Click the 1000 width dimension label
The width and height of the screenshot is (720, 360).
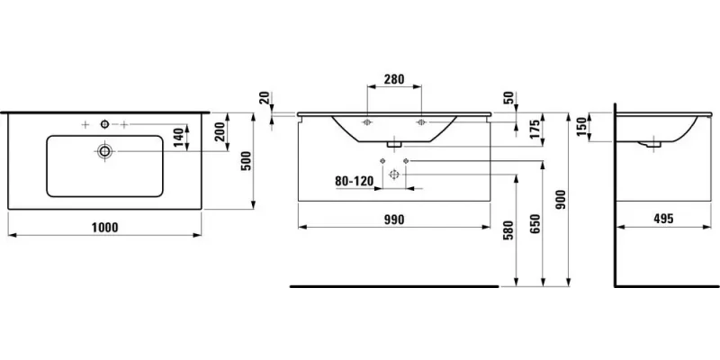[x=105, y=228]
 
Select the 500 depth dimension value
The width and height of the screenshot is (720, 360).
[x=247, y=161]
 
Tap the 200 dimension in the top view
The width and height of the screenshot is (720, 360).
[x=220, y=131]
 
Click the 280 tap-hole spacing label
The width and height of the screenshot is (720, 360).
[x=394, y=79]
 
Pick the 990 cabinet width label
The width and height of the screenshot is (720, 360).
[x=394, y=220]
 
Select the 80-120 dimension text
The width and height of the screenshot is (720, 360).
[x=354, y=182]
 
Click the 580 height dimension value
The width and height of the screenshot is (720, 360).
[x=508, y=230]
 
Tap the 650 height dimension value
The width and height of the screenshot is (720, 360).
[x=535, y=223]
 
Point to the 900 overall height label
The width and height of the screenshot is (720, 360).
[x=562, y=200]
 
